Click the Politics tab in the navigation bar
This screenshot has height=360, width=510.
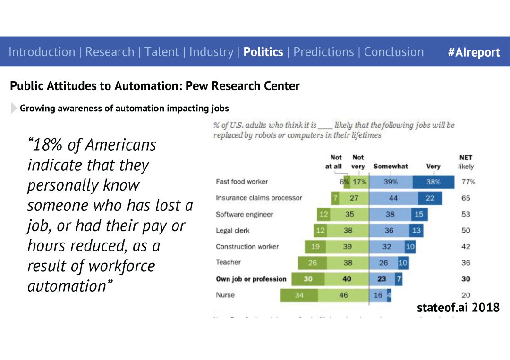(263, 52)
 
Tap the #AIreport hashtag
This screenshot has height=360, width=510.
(474, 52)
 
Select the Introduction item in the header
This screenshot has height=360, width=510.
(42, 52)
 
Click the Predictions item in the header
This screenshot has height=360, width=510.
(323, 52)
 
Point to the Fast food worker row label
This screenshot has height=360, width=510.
(242, 182)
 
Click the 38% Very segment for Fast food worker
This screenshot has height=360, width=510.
(433, 182)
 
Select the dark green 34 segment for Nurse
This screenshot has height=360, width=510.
(299, 295)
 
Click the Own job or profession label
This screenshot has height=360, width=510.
(251, 279)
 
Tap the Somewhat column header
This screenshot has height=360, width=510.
(391, 166)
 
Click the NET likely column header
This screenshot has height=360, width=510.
(466, 162)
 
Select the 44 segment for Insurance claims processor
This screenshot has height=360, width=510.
(393, 198)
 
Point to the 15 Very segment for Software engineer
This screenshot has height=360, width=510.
(419, 214)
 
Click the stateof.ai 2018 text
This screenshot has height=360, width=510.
(458, 308)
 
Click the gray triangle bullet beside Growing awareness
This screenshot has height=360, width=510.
(13, 109)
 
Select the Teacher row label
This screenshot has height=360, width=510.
(228, 262)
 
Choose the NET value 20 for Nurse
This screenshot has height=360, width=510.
(466, 295)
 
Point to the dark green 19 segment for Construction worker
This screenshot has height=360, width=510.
(315, 247)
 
